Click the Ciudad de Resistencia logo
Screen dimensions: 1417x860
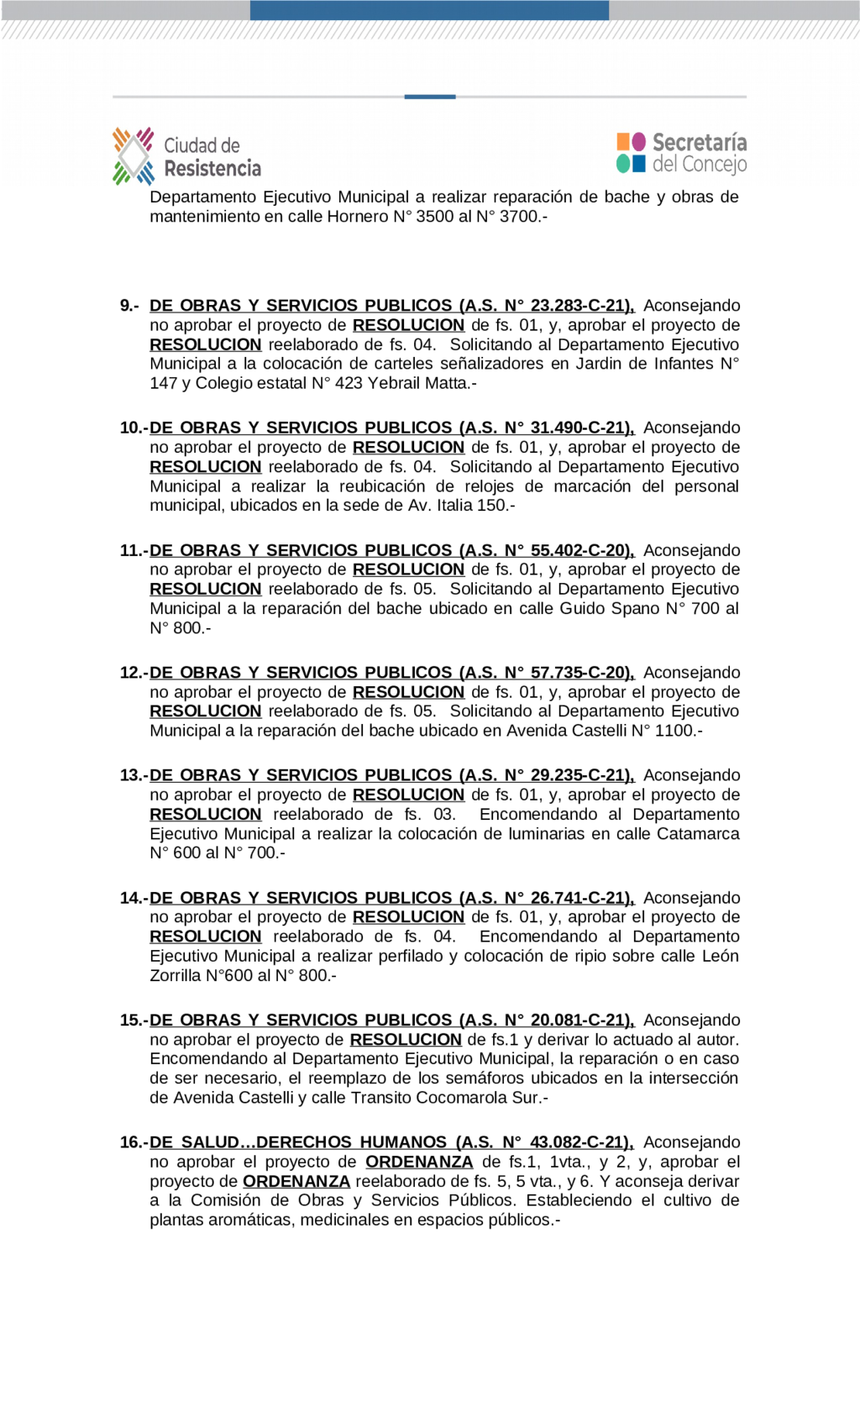(x=186, y=156)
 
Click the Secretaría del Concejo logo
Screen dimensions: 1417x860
(x=681, y=153)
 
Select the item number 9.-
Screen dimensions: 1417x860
(x=129, y=306)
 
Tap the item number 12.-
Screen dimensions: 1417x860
(x=134, y=673)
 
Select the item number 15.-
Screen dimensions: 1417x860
(x=134, y=1021)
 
